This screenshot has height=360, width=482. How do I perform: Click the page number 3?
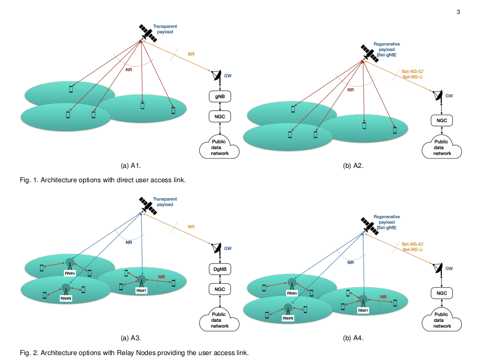point(458,12)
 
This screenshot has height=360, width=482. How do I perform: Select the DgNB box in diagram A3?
point(219,269)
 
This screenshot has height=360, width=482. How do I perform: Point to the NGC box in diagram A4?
point(441,293)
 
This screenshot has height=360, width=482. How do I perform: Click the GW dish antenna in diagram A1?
point(216,76)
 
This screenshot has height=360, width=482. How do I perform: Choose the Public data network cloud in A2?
point(441,148)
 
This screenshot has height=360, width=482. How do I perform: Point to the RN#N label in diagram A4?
point(289,318)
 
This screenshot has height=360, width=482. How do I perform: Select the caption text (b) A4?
point(353,338)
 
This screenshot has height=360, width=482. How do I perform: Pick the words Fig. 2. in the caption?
point(29,353)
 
